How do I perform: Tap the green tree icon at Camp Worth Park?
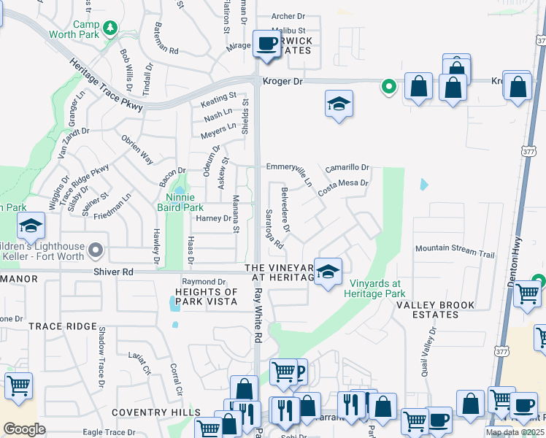(110, 28)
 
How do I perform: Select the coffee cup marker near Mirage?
(266, 44)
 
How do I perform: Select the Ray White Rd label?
(258, 314)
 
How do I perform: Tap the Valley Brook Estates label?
(435, 310)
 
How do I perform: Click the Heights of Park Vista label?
(210, 296)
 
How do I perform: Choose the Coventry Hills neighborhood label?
(155, 412)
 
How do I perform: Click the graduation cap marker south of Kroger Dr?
(339, 105)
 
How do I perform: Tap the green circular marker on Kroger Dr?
(389, 87)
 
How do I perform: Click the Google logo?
(25, 429)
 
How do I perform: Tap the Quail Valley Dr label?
(428, 350)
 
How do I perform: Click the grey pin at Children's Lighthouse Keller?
(96, 252)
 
